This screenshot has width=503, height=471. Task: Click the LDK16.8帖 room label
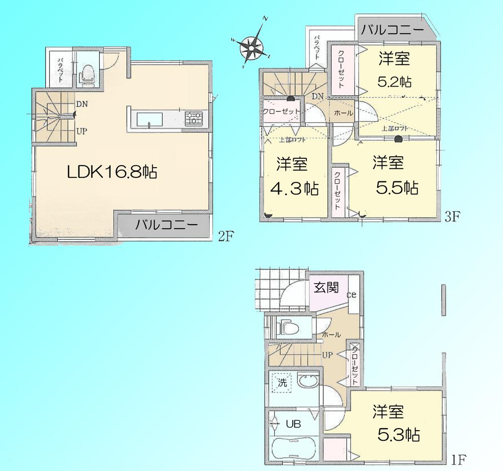[x=112, y=173]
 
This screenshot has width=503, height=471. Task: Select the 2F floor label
[x=224, y=235]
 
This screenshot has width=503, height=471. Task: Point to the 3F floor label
[x=453, y=218]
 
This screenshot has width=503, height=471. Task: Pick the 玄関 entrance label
[x=326, y=288]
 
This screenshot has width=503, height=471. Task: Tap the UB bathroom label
[x=293, y=424]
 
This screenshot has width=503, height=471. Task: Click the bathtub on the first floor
[x=293, y=448]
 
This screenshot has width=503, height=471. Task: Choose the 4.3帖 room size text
[x=294, y=189]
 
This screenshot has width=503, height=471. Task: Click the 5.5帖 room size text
[x=397, y=188]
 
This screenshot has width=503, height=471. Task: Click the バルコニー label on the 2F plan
[x=165, y=226]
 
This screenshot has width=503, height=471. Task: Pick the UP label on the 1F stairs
[x=327, y=355]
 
